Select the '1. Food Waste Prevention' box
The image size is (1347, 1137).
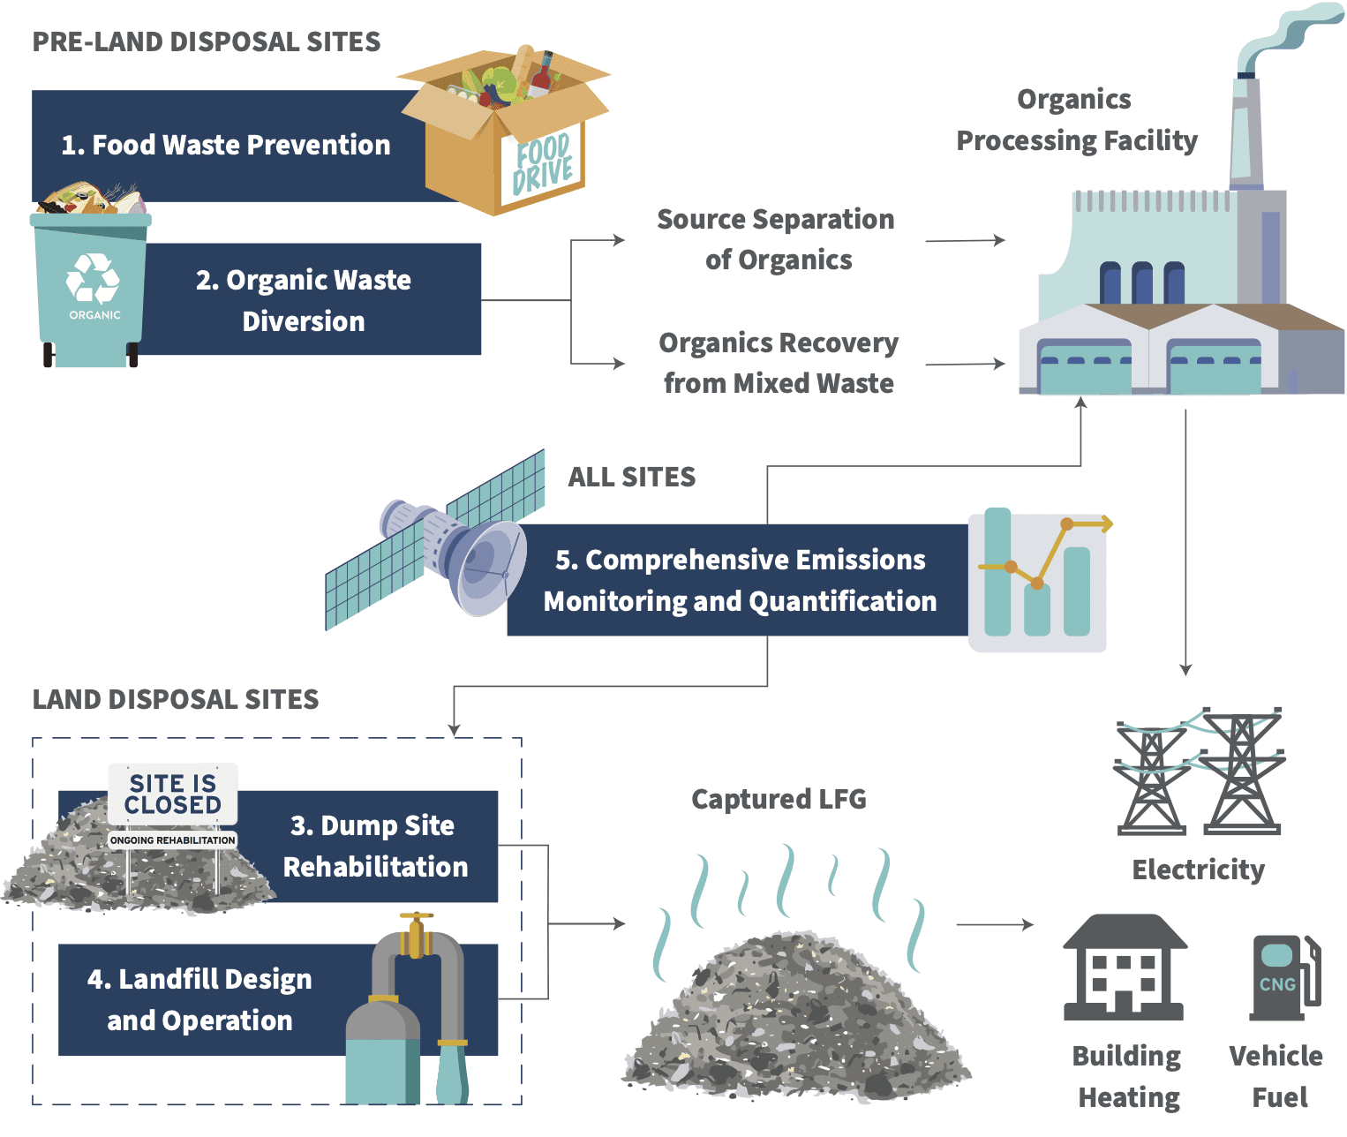coord(225,146)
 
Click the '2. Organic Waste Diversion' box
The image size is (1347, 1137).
coord(305,300)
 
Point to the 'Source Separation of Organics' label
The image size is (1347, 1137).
coord(776,239)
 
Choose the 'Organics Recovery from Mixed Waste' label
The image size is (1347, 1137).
coord(778,363)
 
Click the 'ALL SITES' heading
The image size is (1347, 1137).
coord(631,478)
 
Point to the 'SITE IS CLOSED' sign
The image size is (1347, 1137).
coord(173,794)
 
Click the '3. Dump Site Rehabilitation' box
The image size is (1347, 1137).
coord(375,846)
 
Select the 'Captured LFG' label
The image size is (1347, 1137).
coord(779,800)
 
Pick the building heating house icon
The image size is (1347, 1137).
coord(1125,968)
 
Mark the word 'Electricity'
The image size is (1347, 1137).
coord(1198,870)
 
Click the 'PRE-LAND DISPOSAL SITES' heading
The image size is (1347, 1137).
coord(207,42)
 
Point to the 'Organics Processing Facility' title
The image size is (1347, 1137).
coord(1076,120)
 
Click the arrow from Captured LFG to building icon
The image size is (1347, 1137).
coord(995,925)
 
